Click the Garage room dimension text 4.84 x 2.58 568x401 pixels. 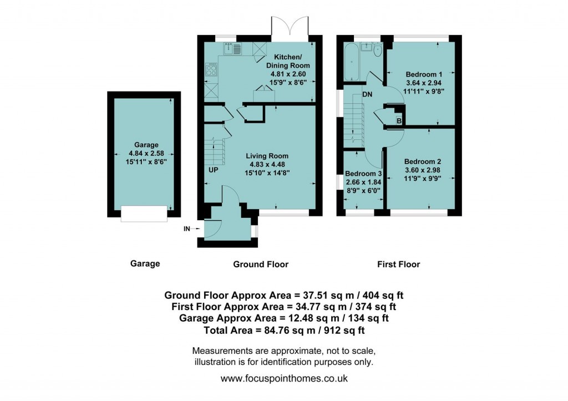tap(143, 153)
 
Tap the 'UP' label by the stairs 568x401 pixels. tap(213, 170)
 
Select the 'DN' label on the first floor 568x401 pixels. tap(367, 94)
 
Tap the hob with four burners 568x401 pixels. tap(211, 69)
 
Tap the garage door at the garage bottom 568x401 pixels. tap(144, 214)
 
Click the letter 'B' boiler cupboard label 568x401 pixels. tap(398, 121)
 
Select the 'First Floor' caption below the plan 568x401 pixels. tap(398, 264)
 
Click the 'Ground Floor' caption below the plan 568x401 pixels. tap(260, 264)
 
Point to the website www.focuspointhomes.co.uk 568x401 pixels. tap(284, 379)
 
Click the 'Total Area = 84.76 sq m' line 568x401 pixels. tap(283, 330)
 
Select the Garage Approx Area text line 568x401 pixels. tap(283, 318)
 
